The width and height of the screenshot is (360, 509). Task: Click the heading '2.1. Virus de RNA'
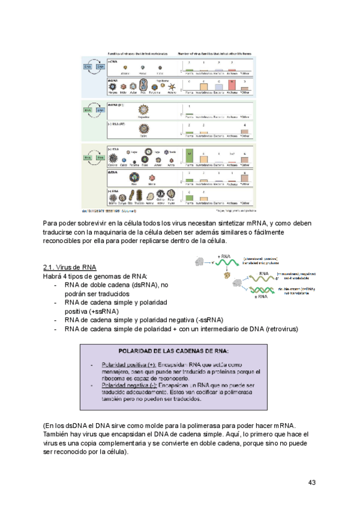[70, 267]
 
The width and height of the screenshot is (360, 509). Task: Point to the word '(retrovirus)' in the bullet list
[276, 329]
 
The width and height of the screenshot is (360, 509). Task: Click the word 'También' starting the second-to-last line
[58, 434]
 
